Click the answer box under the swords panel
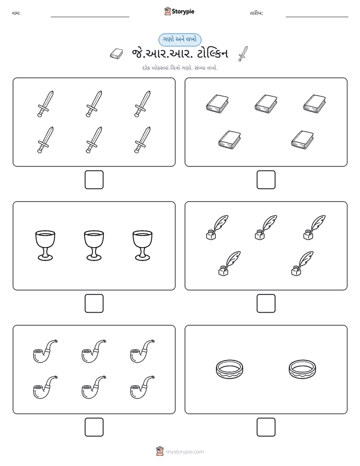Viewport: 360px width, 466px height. click(x=94, y=180)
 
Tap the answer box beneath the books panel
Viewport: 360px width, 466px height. click(x=266, y=180)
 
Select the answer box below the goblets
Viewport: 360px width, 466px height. click(x=94, y=304)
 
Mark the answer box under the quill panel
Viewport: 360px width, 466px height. click(x=266, y=304)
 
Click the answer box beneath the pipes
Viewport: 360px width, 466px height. click(x=94, y=427)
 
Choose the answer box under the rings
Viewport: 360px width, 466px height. click(x=266, y=427)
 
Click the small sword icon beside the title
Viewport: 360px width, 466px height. click(x=243, y=54)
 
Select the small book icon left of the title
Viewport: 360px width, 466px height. click(x=116, y=53)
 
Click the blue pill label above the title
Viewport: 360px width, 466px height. click(x=179, y=39)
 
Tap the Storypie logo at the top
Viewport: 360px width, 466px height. click(x=179, y=11)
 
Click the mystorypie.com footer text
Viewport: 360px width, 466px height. click(x=185, y=452)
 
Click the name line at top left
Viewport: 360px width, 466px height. click(x=90, y=17)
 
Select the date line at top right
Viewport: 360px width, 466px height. click(x=317, y=17)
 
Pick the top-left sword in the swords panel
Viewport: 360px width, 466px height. click(x=45, y=104)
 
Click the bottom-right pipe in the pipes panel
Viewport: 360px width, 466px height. click(x=142, y=387)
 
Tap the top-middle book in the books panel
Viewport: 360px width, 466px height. click(x=266, y=104)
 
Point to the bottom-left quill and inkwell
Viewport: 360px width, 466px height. click(x=229, y=264)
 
